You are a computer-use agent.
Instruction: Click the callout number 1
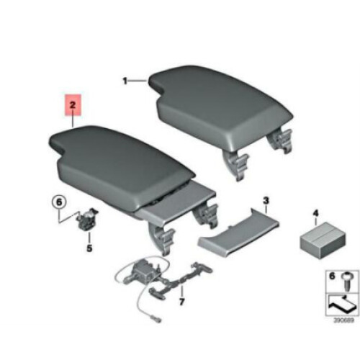click(125, 81)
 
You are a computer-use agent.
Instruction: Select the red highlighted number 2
click(73, 105)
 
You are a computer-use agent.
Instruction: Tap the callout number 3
click(266, 201)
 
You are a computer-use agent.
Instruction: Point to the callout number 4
click(315, 213)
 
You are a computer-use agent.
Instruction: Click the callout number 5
click(89, 248)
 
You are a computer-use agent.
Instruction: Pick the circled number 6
click(59, 202)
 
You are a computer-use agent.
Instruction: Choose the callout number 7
click(181, 302)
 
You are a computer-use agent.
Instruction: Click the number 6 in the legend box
click(332, 276)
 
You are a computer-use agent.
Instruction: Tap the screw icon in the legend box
click(346, 282)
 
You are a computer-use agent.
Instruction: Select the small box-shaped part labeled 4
click(323, 240)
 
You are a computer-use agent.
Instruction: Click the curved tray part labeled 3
click(238, 234)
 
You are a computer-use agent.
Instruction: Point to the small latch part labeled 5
click(87, 219)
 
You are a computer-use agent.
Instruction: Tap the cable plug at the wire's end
click(156, 320)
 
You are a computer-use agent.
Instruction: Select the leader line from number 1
click(138, 81)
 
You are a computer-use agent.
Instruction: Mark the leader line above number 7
click(182, 291)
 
